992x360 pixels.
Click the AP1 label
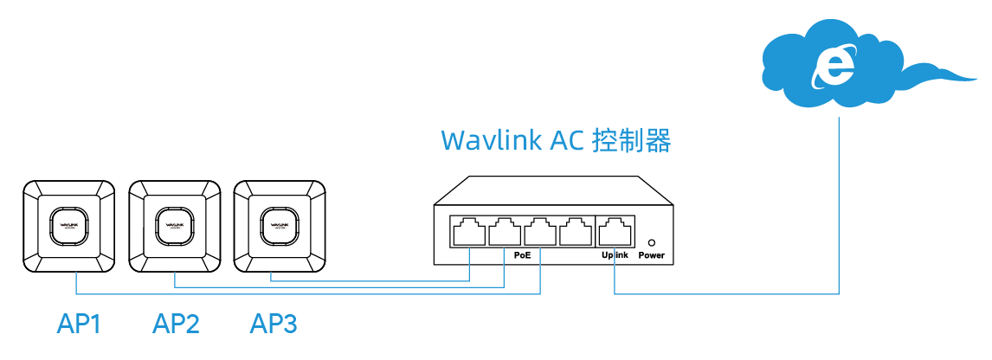(79, 325)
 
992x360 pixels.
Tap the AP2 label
(176, 325)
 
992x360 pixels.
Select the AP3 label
(274, 325)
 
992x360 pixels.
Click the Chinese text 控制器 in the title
(631, 141)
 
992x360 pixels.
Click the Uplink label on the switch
(614, 255)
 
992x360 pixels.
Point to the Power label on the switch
(651, 255)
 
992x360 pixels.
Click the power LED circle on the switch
(651, 243)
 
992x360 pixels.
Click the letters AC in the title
(570, 141)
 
